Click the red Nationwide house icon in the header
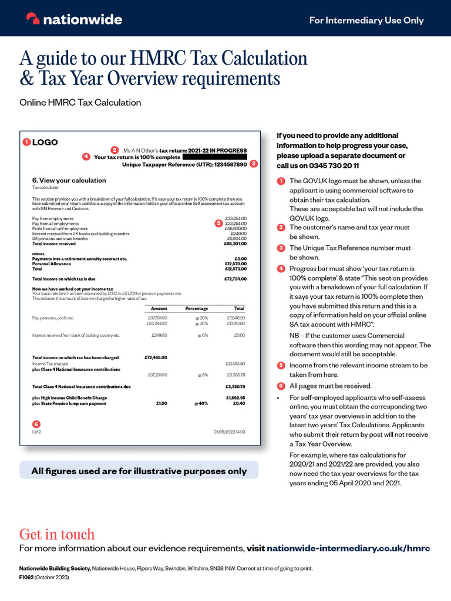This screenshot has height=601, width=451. (33, 19)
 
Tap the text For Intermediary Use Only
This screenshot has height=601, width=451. (366, 21)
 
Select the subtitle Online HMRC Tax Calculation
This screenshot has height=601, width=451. (80, 103)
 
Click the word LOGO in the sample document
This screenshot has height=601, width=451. (45, 142)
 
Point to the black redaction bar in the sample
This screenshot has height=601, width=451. (214, 157)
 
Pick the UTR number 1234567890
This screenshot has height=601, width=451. (226, 165)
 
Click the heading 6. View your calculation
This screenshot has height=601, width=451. (69, 180)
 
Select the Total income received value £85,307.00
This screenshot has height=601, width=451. (235, 244)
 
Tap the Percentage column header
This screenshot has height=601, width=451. (197, 308)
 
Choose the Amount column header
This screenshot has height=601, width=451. (159, 308)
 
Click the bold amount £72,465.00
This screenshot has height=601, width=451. (156, 357)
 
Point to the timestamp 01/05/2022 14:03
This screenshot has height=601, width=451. (229, 432)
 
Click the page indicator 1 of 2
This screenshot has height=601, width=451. (36, 432)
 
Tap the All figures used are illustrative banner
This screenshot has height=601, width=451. (139, 471)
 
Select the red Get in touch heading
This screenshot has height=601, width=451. (57, 534)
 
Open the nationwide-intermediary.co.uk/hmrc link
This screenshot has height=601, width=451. (348, 549)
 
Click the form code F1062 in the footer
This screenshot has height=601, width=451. (27, 578)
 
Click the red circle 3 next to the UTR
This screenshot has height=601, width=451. (253, 164)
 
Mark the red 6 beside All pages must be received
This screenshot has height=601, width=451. (281, 386)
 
